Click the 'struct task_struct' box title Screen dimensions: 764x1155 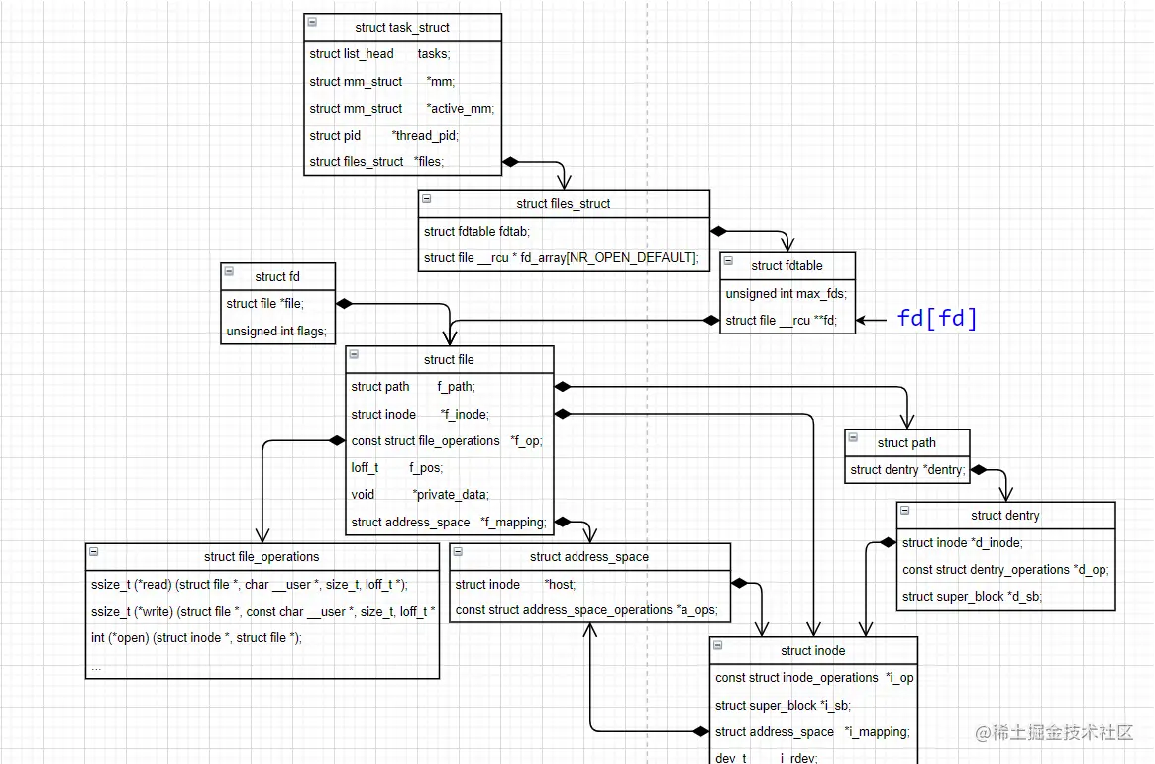coord(402,27)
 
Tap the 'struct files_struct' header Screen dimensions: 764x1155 coord(564,204)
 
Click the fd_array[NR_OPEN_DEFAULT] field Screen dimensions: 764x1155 coord(562,258)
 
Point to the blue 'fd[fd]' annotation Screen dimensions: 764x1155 coord(936,318)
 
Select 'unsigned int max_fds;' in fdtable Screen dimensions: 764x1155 coord(786,294)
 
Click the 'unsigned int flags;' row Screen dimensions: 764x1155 coord(275,331)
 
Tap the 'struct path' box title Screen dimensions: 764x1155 coord(906,442)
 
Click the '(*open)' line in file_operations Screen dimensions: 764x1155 coord(196,637)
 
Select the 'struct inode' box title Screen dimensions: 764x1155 coord(813,650)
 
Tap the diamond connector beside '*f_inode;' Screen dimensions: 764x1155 coord(562,414)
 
